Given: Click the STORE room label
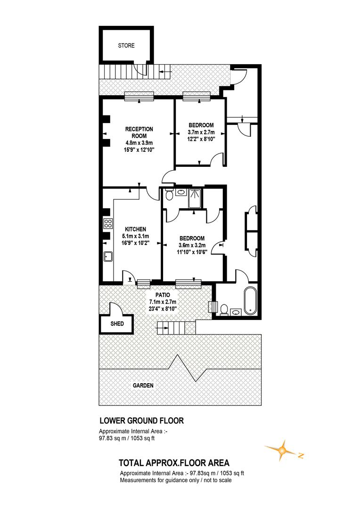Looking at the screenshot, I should pyautogui.click(x=126, y=46).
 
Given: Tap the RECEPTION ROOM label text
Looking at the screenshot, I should pyautogui.click(x=139, y=132).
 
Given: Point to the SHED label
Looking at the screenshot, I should pyautogui.click(x=117, y=324).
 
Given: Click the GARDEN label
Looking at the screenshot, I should pyautogui.click(x=143, y=385).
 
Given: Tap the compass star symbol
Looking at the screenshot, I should pyautogui.click(x=282, y=451).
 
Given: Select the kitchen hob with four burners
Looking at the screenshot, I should pyautogui.click(x=107, y=223).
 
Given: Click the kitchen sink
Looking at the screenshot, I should pyautogui.click(x=108, y=257).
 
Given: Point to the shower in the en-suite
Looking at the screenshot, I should pyautogui.click(x=195, y=198).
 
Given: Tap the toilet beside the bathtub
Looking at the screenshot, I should pyautogui.click(x=224, y=310).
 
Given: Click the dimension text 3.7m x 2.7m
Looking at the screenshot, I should pyautogui.click(x=201, y=132).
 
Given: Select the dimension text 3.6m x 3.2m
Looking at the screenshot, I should pyautogui.click(x=191, y=245).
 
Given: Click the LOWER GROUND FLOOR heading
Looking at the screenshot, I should pyautogui.click(x=141, y=420).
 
